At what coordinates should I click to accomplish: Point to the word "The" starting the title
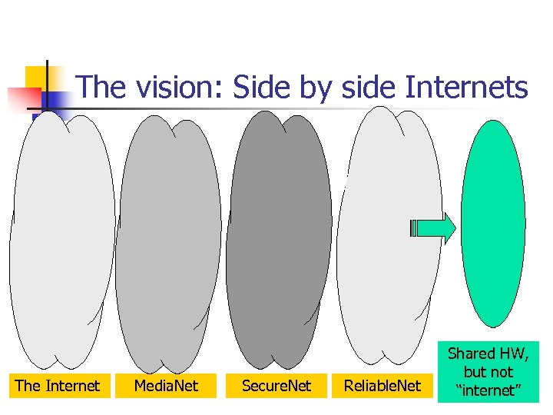[x=103, y=87]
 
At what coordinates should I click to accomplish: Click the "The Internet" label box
[x=58, y=386]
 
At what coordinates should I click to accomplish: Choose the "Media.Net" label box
[x=166, y=386]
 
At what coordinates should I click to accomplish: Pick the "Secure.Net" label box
[x=276, y=386]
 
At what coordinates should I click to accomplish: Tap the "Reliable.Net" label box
[x=382, y=386]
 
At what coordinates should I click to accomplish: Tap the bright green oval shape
[x=497, y=223]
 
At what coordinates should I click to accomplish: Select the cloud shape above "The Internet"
[x=61, y=238]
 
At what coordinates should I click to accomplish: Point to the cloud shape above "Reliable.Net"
[x=389, y=234]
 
